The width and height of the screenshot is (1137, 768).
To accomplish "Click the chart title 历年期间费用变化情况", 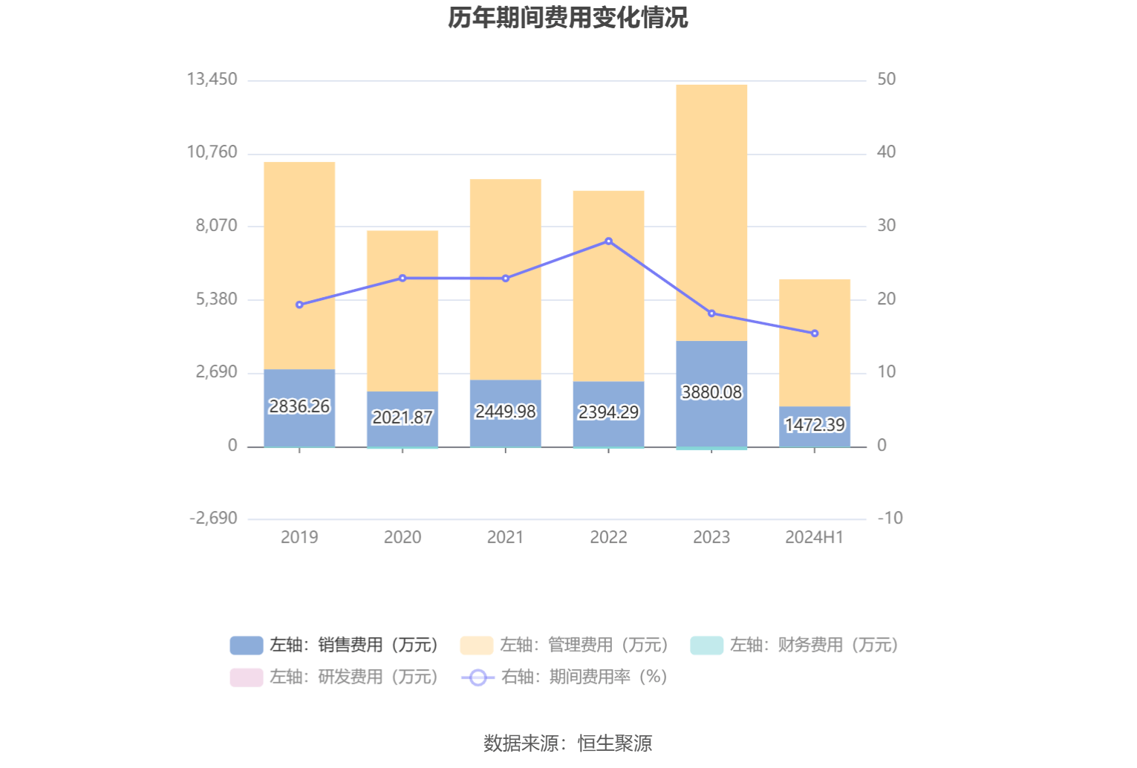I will click(568, 18).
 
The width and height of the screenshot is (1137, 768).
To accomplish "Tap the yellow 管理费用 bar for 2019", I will click(299, 265).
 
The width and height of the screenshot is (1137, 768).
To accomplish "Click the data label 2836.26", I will click(299, 406).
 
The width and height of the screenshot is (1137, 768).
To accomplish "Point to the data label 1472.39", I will click(815, 425).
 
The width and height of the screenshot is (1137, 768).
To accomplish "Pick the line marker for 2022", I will click(609, 241).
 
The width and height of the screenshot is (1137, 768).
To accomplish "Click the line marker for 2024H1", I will click(815, 333).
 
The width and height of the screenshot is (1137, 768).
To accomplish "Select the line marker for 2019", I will click(299, 305).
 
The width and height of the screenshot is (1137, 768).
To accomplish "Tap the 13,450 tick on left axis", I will click(212, 79).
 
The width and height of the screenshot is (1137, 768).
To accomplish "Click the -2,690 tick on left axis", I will click(214, 518).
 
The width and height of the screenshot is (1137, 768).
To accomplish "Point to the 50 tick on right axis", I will click(887, 79).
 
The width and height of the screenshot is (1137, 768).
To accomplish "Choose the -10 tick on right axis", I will click(890, 518).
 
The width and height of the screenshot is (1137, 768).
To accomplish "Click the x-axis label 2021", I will click(506, 537).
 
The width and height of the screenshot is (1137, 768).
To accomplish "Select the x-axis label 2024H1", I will click(815, 537).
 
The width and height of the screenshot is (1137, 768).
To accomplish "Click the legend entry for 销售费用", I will click(335, 645).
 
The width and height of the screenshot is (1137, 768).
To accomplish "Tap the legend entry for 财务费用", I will click(795, 645).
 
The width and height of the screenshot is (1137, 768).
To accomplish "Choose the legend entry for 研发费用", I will click(335, 677).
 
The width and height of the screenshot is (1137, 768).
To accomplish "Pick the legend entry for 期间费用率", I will click(564, 677).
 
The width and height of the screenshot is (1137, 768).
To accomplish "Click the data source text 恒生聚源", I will click(615, 743).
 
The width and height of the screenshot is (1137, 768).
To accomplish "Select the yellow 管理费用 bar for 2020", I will click(403, 310).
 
